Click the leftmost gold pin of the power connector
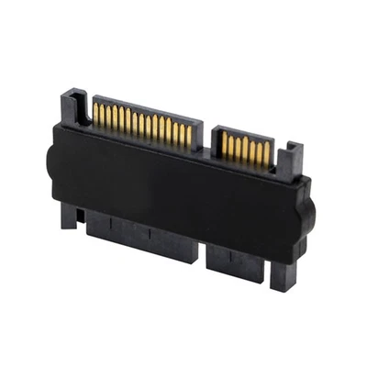95,115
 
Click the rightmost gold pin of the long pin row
189,135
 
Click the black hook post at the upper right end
293,158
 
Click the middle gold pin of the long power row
141,125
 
